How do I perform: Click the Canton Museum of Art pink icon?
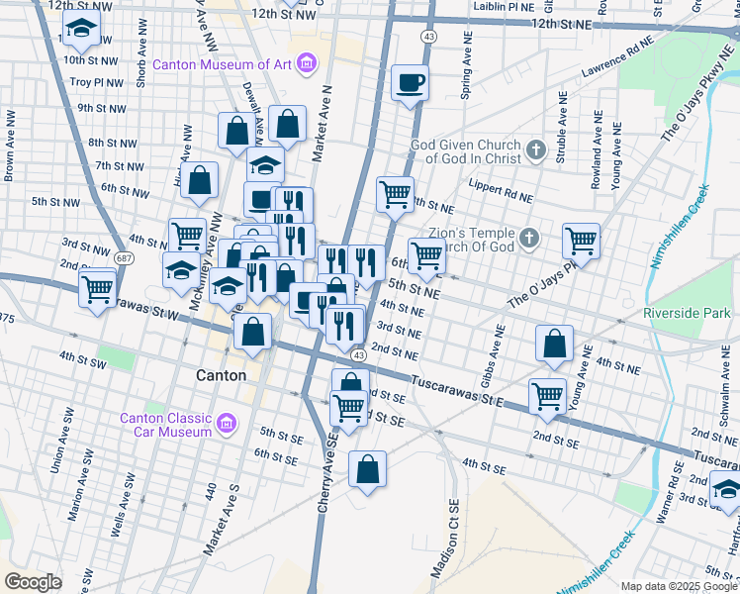(307, 65)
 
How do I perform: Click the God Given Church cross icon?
(535, 150)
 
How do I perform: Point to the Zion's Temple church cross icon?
(529, 239)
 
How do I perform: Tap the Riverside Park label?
(686, 313)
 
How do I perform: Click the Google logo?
(35, 581)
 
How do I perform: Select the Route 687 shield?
(124, 257)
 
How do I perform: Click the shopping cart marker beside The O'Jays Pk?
(581, 241)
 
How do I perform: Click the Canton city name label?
(215, 375)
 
